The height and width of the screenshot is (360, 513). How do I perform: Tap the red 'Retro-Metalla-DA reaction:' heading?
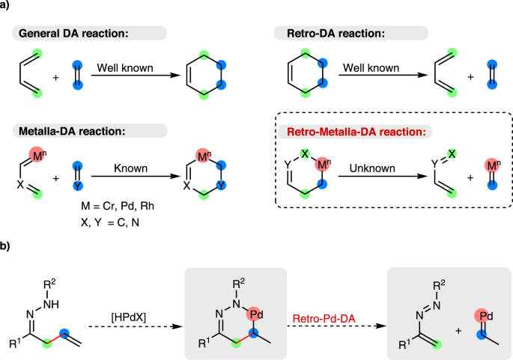tap(360, 132)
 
